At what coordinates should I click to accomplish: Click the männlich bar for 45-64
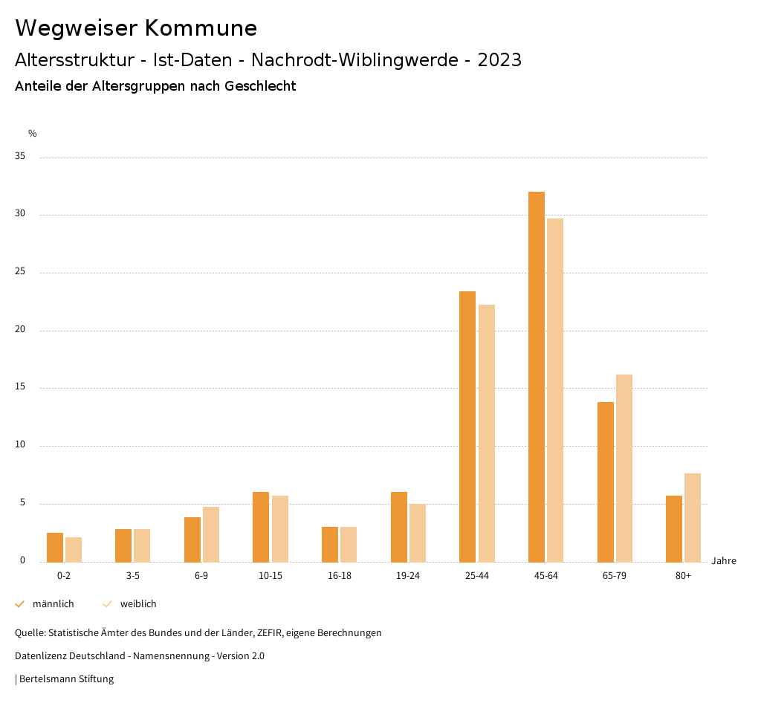pyautogui.click(x=537, y=377)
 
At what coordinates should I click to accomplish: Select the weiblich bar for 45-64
pyautogui.click(x=555, y=390)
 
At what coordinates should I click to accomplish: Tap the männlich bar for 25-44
pyautogui.click(x=467, y=427)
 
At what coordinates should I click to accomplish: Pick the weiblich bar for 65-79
pyautogui.click(x=624, y=468)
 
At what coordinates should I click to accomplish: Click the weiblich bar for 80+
pyautogui.click(x=693, y=517)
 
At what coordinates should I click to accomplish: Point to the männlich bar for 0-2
pyautogui.click(x=55, y=547)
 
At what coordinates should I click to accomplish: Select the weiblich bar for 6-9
pyautogui.click(x=211, y=534)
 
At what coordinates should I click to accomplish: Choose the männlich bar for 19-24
pyautogui.click(x=399, y=527)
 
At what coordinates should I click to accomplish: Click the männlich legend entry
pyautogui.click(x=45, y=604)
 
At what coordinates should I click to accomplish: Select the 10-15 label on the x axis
pyautogui.click(x=271, y=576)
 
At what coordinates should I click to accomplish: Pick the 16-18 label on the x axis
pyautogui.click(x=339, y=576)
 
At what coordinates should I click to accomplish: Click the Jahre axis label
pyautogui.click(x=724, y=561)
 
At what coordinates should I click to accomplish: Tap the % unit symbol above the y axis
pyautogui.click(x=33, y=134)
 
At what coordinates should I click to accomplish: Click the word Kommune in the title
pyautogui.click(x=201, y=28)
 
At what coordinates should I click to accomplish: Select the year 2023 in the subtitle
pyautogui.click(x=499, y=60)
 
